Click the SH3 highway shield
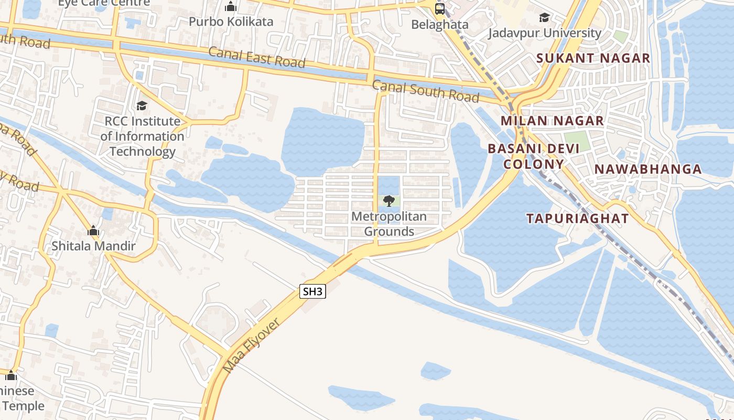[312, 291]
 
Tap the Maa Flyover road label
[251, 345]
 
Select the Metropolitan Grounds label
[389, 224]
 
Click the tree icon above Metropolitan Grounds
[388, 201]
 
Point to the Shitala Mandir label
[93, 246]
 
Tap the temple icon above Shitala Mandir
[93, 230]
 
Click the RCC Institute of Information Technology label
[142, 136]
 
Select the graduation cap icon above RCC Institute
[142, 106]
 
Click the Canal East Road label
[257, 57]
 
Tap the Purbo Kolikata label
[231, 22]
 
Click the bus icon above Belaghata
[439, 8]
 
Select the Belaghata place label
[439, 24]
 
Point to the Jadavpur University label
[545, 33]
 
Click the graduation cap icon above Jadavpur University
[545, 17]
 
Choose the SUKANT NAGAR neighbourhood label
[593, 58]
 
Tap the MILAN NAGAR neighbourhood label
[552, 121]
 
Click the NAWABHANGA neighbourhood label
[648, 169]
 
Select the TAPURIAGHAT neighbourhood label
[577, 218]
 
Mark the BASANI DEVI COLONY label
[534, 156]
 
